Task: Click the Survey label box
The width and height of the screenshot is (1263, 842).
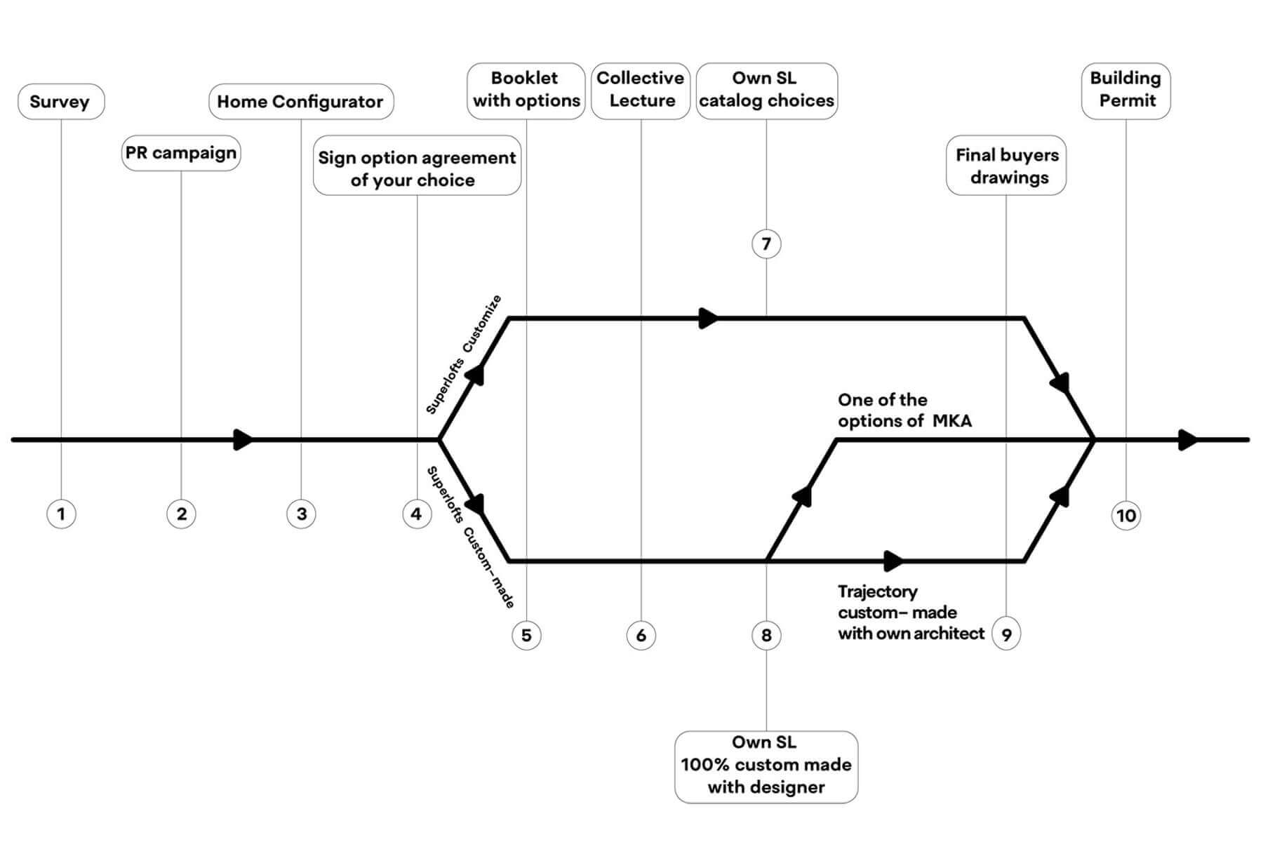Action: (x=61, y=102)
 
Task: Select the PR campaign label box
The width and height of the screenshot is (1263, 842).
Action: (x=181, y=153)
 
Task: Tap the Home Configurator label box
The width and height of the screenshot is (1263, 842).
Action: (x=301, y=102)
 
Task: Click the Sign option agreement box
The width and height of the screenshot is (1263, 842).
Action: (x=417, y=168)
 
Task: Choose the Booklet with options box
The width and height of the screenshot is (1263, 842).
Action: (x=526, y=91)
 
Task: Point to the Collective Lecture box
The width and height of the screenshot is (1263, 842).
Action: (x=641, y=91)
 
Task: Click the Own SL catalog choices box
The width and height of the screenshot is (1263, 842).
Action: (x=766, y=91)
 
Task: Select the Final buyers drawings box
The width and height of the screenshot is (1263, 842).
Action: (x=1006, y=166)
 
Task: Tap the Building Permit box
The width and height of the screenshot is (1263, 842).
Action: (x=1125, y=91)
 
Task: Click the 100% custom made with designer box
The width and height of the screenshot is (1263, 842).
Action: (x=766, y=767)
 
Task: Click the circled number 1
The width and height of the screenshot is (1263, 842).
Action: (x=61, y=514)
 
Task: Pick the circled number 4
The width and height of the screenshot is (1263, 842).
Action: (x=417, y=514)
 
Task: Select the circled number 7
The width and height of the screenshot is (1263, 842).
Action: (x=766, y=244)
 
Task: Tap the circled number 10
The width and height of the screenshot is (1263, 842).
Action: (x=1126, y=516)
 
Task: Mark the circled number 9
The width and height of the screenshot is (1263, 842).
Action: (x=1006, y=635)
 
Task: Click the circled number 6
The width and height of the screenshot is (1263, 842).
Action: (x=641, y=636)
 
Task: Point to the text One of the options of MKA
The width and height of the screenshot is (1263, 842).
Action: (x=905, y=410)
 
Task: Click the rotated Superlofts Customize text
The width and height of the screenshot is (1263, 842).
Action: (x=464, y=354)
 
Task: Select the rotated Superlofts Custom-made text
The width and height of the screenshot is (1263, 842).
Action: (x=471, y=537)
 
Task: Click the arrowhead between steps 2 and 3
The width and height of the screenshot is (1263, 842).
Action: (x=243, y=440)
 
